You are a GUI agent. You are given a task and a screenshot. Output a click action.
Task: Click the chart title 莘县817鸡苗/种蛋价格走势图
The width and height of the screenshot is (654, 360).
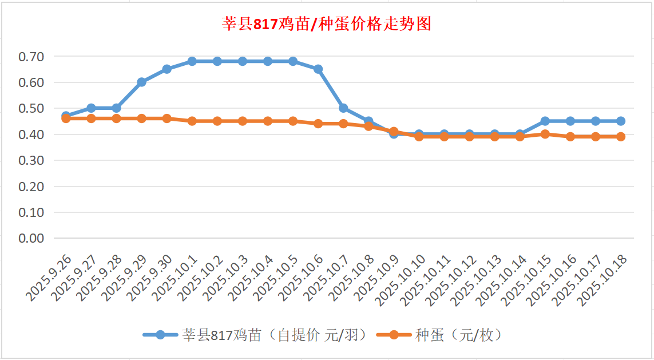pos(326,24)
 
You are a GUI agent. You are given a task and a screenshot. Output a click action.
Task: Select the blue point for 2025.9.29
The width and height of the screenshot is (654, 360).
pos(141,82)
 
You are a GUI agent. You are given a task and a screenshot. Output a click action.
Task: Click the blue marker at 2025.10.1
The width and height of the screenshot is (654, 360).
pos(192,61)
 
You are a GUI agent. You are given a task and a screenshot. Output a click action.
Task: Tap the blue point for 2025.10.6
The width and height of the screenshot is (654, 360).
pos(318,69)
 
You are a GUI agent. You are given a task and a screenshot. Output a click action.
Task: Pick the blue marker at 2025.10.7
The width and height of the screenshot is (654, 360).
pos(343,108)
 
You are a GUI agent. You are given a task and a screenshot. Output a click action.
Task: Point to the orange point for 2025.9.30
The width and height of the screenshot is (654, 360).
pos(167,118)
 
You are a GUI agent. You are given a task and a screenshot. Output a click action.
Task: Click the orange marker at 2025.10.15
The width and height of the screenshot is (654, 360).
pos(545,134)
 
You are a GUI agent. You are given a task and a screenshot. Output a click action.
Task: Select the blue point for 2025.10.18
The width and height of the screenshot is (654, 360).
pos(621,121)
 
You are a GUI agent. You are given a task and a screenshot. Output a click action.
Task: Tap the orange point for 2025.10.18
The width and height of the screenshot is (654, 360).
pos(621,137)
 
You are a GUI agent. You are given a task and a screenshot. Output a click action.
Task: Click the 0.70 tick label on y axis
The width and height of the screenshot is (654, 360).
pos(31,57)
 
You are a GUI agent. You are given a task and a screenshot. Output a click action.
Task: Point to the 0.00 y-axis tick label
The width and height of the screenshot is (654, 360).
pos(31,238)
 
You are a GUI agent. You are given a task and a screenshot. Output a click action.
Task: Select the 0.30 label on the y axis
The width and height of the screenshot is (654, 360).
pos(31,160)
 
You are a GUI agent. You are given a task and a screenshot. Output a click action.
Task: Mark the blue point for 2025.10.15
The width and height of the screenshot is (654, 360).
pos(545,121)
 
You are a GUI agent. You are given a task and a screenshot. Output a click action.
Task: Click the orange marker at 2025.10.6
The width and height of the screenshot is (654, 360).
pos(318,124)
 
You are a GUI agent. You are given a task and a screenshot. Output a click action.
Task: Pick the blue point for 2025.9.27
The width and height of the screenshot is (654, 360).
pos(91,108)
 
